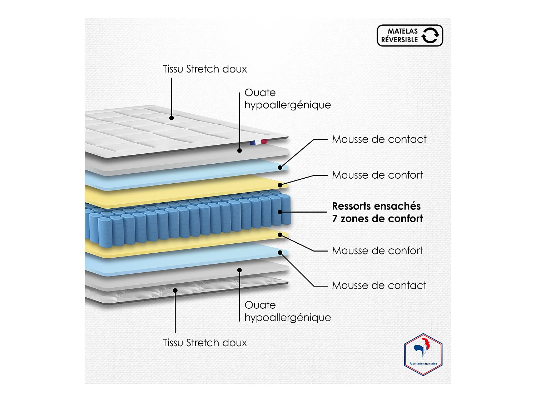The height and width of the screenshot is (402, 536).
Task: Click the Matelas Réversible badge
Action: [410, 35]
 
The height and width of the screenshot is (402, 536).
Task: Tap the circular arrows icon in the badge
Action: [430, 35]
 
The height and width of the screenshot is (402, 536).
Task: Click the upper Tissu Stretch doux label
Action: [205, 69]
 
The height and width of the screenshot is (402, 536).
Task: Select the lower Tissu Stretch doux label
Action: [205, 343]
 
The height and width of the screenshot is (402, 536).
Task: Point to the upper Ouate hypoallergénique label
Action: [287, 99]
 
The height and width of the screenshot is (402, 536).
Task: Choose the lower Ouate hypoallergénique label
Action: [287, 311]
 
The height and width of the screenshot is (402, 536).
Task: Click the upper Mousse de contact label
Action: [379, 139]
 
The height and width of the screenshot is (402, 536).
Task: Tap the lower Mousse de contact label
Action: [379, 286]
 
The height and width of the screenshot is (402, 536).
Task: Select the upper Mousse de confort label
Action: [377, 175]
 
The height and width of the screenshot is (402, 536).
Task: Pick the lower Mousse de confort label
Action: [377, 250]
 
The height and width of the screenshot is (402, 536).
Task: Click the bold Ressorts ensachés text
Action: [376, 206]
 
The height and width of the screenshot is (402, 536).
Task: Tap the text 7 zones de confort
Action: [377, 219]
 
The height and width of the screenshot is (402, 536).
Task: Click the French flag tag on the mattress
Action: [258, 142]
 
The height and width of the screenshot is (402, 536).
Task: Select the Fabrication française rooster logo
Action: [423, 354]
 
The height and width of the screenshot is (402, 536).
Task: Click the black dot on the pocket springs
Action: [280, 212]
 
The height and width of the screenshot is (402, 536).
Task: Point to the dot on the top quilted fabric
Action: [172, 118]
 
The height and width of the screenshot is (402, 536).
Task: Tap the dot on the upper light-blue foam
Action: [280, 167]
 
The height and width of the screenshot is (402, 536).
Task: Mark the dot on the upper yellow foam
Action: [280, 185]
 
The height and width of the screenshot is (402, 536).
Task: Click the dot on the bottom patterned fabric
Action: [175, 290]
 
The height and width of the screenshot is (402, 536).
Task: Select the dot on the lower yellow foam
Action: [280, 235]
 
